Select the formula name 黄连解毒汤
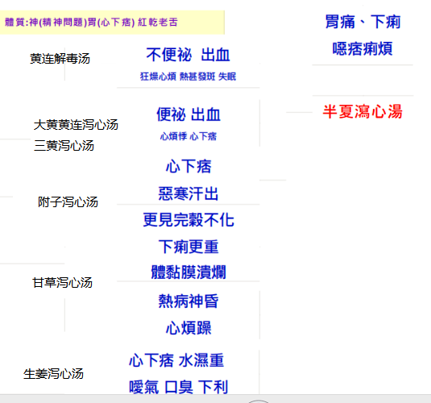pyautogui.click(x=60, y=59)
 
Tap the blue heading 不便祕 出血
pyautogui.click(x=188, y=55)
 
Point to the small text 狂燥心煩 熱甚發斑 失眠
pyautogui.click(x=188, y=77)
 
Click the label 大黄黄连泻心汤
pyautogui.click(x=76, y=125)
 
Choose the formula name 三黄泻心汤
pyautogui.click(x=64, y=146)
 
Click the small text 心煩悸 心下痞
pyautogui.click(x=189, y=136)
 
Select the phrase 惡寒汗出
pyautogui.click(x=189, y=193)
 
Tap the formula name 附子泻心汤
pyautogui.click(x=68, y=202)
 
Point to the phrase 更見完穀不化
pyautogui.click(x=189, y=220)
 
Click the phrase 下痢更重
pyautogui.click(x=189, y=247)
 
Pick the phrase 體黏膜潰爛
pyautogui.click(x=189, y=272)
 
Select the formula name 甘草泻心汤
pyautogui.click(x=62, y=283)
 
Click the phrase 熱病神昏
pyautogui.click(x=189, y=301)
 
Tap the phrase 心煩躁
pyautogui.click(x=189, y=328)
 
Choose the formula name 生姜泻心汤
pyautogui.click(x=54, y=374)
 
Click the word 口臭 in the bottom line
pyautogui.click(x=179, y=387)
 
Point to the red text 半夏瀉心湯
pyautogui.click(x=363, y=112)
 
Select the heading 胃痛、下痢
pyautogui.click(x=363, y=22)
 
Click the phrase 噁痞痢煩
pyautogui.click(x=363, y=48)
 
